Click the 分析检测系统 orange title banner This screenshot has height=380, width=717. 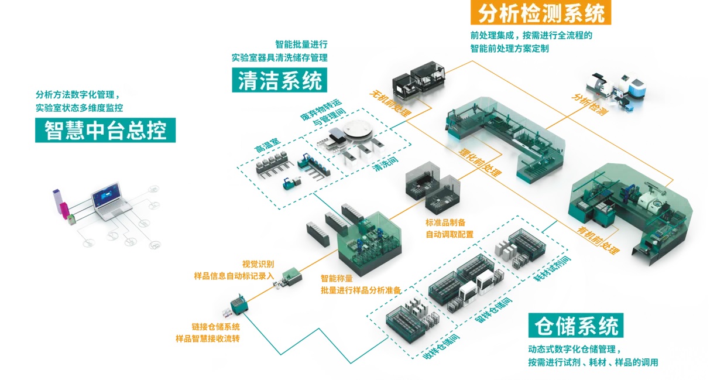[541, 12]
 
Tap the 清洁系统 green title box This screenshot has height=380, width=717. [280, 80]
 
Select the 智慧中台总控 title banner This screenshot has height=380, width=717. [105, 129]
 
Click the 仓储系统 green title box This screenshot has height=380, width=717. [575, 326]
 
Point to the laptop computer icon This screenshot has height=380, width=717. [107, 203]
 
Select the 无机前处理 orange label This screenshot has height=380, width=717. [390, 102]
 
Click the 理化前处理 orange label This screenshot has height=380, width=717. [480, 161]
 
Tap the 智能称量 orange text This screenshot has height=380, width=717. [336, 278]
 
